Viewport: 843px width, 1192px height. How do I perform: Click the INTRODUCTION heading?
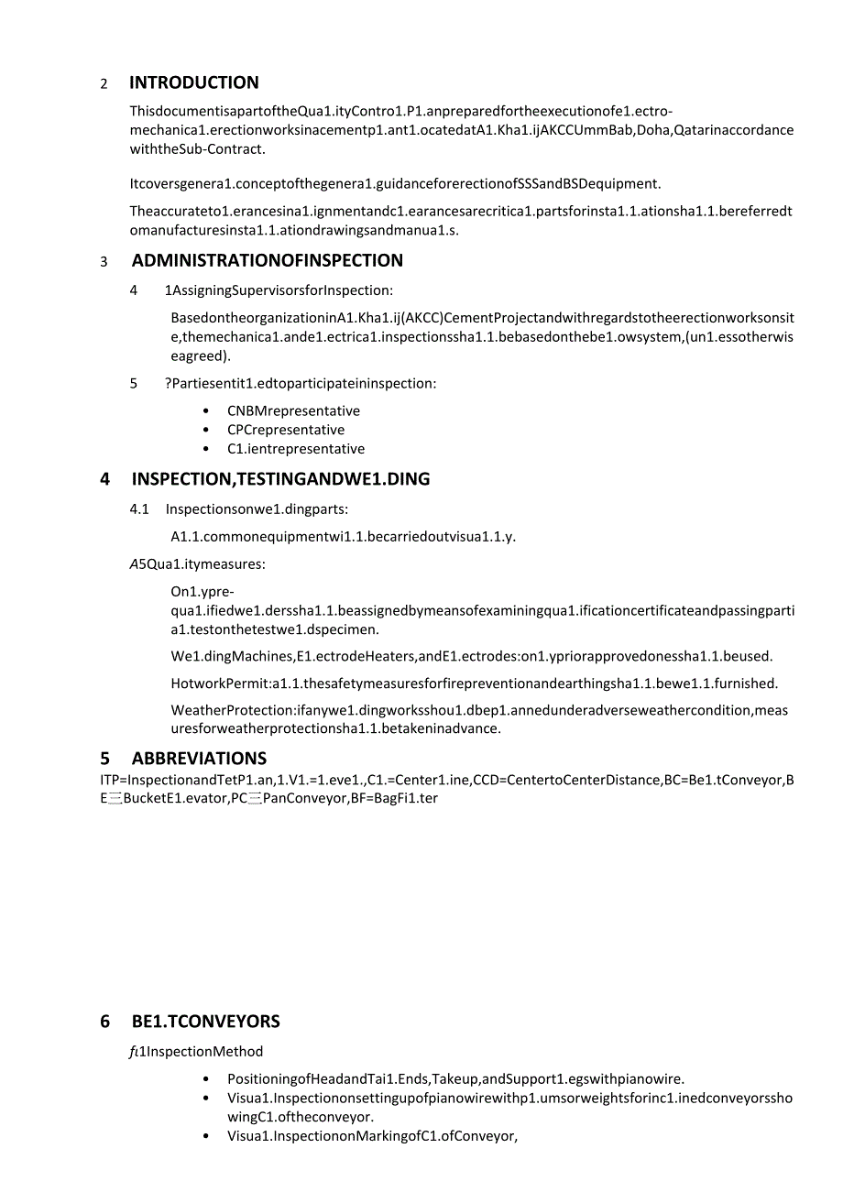tap(193, 83)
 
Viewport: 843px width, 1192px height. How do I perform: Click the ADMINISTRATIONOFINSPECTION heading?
tap(267, 261)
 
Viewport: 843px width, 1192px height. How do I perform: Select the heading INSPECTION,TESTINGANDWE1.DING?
tap(280, 479)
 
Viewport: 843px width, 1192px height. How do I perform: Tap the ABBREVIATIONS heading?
tap(199, 759)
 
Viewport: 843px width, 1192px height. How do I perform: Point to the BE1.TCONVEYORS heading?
tap(205, 1022)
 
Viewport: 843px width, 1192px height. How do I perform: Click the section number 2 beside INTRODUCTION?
tap(104, 84)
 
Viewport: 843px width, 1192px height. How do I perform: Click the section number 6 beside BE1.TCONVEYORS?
tap(105, 1022)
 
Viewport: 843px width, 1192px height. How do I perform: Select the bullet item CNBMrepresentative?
tap(293, 411)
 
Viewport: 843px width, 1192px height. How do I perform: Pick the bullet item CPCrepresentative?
tap(286, 431)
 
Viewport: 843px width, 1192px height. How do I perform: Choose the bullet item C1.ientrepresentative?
tap(295, 450)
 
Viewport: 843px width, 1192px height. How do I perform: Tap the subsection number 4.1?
tap(139, 509)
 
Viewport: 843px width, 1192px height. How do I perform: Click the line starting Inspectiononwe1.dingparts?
tap(257, 509)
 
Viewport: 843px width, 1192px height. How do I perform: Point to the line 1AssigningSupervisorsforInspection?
tap(279, 291)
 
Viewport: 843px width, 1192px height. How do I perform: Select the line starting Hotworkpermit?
tap(474, 683)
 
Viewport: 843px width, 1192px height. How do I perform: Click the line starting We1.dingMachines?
tap(471, 657)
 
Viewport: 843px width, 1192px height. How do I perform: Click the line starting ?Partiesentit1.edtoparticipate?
tap(301, 384)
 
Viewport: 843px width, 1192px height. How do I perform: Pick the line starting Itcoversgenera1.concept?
tap(395, 184)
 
